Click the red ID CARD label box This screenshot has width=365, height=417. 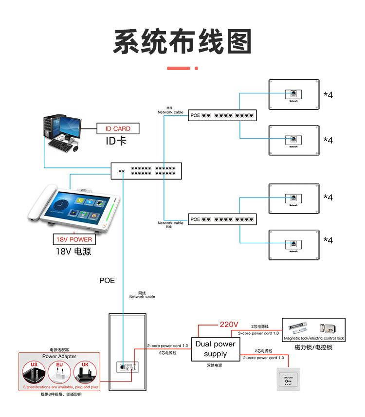point(118,129)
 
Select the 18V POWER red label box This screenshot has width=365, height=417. point(73,239)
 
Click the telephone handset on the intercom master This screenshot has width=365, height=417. point(40,204)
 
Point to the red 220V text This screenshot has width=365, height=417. point(229,324)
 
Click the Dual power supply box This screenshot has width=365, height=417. point(215,348)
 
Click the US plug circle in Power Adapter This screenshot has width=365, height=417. point(34,372)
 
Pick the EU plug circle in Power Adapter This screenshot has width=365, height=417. point(60,372)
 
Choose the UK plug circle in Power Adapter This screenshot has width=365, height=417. point(85,372)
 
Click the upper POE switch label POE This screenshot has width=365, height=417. point(195,116)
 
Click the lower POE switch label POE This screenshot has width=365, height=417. point(195,219)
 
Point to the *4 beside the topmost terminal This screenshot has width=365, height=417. point(328,95)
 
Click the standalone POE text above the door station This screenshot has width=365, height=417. point(107,281)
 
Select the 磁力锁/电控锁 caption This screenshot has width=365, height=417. point(314,347)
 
